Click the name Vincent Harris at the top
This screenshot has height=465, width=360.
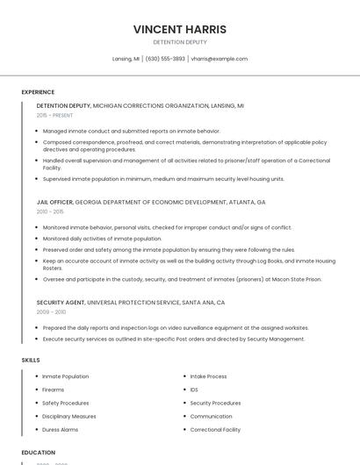pos(180,29)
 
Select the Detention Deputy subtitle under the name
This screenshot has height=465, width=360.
pos(180,42)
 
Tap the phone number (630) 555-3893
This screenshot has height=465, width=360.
pos(165,59)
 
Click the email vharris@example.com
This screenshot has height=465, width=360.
pos(219,59)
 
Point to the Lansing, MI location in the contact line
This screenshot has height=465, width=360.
pos(126,59)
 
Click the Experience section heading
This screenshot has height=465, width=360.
pos(38,92)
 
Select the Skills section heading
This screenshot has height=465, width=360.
pos(31,360)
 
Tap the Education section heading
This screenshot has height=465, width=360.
pos(39,453)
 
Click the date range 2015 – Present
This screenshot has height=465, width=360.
pos(56,115)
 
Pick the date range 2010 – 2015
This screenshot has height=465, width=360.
pos(50,211)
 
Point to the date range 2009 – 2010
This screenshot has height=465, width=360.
pos(51,311)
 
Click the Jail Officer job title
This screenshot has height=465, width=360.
pos(54,202)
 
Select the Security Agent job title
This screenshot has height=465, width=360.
pos(61,302)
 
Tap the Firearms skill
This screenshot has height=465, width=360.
pos(54,390)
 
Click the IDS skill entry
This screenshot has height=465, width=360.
pos(194,390)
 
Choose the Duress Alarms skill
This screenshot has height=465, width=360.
pos(61,430)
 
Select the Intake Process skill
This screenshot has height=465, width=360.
pos(208,376)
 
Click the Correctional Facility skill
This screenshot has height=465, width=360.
pos(215,430)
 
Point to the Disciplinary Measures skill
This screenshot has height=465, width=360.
pos(69,417)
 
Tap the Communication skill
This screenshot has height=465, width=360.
pos(211,417)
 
